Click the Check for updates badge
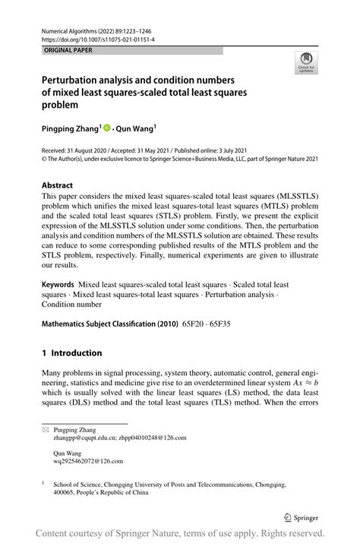[307, 62]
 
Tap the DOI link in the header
[93, 39]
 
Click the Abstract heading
[58, 185]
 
